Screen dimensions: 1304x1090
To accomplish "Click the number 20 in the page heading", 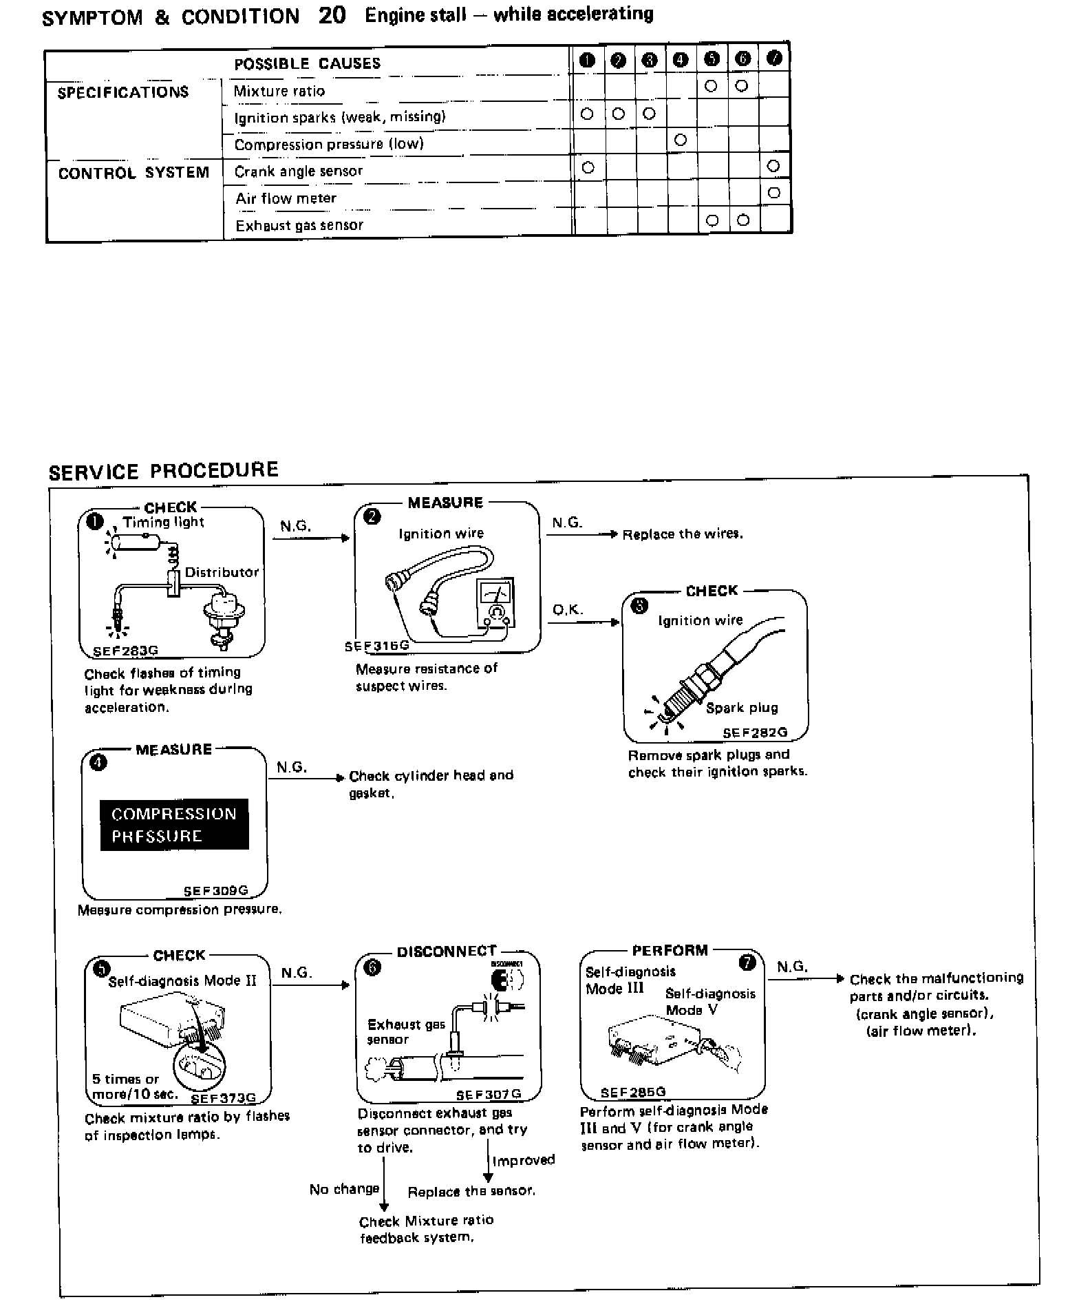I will point(332,15).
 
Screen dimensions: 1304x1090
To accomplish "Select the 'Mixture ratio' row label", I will point(279,91).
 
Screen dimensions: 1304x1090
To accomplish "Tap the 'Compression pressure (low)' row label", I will point(328,144).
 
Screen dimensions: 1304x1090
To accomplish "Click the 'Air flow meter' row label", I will point(286,198).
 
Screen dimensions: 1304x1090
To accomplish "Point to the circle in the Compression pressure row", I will point(681,140).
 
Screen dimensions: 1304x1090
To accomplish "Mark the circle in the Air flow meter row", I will point(773,193).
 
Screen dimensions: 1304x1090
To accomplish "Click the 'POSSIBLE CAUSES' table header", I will point(307,64).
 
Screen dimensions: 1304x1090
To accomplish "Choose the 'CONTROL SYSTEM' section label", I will point(133,173).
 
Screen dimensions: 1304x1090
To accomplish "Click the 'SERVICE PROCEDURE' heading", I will point(163,471).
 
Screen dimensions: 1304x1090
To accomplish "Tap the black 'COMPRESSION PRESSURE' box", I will point(174,825).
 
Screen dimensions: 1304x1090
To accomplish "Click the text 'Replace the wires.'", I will point(683,534).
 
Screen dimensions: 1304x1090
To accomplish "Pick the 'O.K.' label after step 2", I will point(567,610).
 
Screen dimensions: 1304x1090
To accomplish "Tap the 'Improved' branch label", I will point(523,1160).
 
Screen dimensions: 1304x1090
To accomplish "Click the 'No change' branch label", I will point(344,1189).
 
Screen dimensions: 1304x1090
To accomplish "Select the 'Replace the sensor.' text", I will point(471,1191).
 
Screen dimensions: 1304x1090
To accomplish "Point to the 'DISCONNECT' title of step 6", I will point(446,951).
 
